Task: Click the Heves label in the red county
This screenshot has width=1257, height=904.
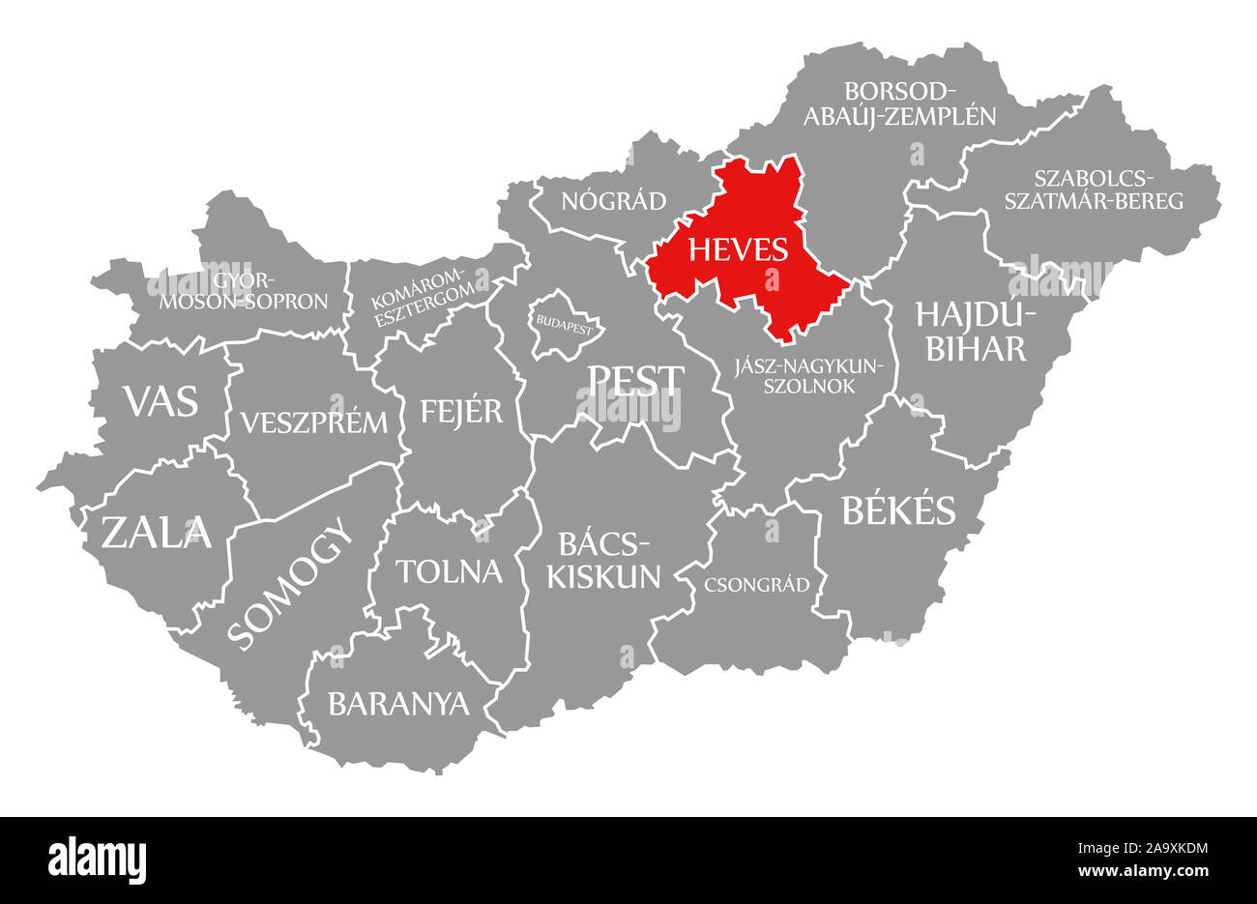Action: click(738, 250)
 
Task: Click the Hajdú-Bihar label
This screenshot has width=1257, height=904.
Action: click(975, 332)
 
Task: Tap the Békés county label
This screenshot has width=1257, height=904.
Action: click(898, 510)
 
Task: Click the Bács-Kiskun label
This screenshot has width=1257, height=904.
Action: click(604, 559)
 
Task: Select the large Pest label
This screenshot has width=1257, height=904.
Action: click(635, 380)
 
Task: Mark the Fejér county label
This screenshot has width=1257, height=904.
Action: click(461, 411)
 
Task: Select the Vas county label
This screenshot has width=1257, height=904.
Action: click(160, 399)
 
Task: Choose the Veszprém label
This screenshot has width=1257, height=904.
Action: click(314, 422)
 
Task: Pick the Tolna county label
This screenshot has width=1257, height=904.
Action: click(449, 570)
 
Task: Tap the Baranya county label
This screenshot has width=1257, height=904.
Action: click(398, 703)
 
